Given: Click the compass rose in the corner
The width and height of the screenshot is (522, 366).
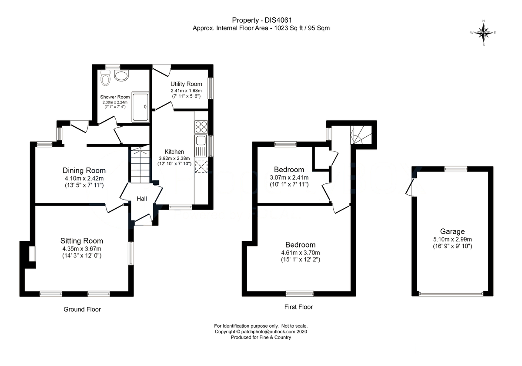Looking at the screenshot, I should (483, 33).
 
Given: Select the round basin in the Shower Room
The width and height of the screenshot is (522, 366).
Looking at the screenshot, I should (121, 75).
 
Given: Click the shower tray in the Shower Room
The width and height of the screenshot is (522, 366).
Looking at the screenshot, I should (140, 106).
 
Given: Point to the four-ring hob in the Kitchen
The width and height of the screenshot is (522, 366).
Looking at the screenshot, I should (201, 127).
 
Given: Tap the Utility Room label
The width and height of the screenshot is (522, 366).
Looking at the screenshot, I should (186, 84).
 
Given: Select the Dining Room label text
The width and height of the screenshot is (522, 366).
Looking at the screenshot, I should (84, 170).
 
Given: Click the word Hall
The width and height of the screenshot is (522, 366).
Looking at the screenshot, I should (142, 199).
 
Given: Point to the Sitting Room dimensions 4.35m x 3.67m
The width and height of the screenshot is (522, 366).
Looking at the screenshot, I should (82, 249).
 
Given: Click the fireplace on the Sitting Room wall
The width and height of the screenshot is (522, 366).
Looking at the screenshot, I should (31, 254).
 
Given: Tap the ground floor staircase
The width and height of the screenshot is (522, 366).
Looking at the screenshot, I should (140, 166).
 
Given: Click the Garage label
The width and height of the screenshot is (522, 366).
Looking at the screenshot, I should (452, 231).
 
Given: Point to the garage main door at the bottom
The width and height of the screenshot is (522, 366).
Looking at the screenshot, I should (451, 295).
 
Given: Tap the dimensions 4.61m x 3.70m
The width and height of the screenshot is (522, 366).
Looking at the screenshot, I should (300, 253).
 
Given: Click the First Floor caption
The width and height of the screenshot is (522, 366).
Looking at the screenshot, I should (298, 307).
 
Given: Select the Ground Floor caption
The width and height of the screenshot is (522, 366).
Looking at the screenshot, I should (82, 309).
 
